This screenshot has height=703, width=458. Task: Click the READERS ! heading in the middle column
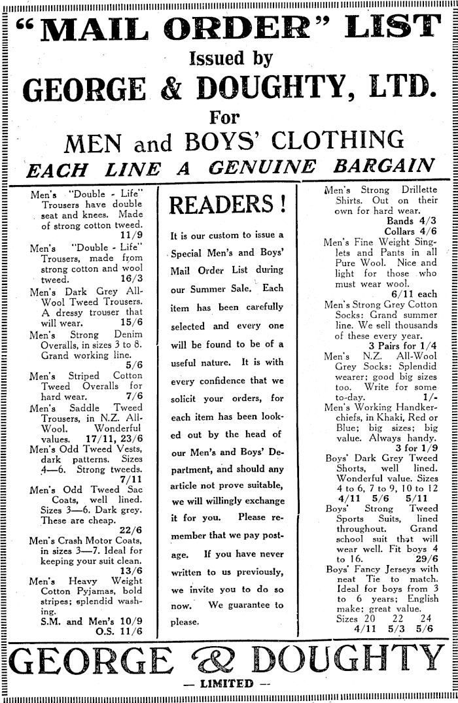pyautogui.click(x=228, y=206)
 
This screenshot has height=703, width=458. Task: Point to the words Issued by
pyautogui.click(x=230, y=60)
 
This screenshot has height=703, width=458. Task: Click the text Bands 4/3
pyautogui.click(x=412, y=221)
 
